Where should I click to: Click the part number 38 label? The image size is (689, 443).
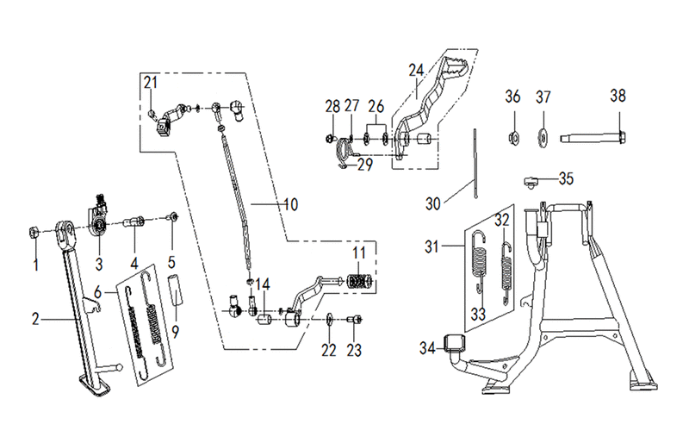click(x=618, y=96)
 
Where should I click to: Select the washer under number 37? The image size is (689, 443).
click(x=543, y=137)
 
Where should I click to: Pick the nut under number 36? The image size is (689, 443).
click(x=512, y=138)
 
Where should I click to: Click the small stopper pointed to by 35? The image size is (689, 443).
click(x=531, y=181)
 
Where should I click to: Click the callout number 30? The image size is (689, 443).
click(x=433, y=203)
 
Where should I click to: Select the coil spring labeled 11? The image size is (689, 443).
click(x=359, y=281)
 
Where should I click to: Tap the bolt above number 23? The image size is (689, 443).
click(x=354, y=319)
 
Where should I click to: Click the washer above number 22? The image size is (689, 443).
click(x=329, y=319)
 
